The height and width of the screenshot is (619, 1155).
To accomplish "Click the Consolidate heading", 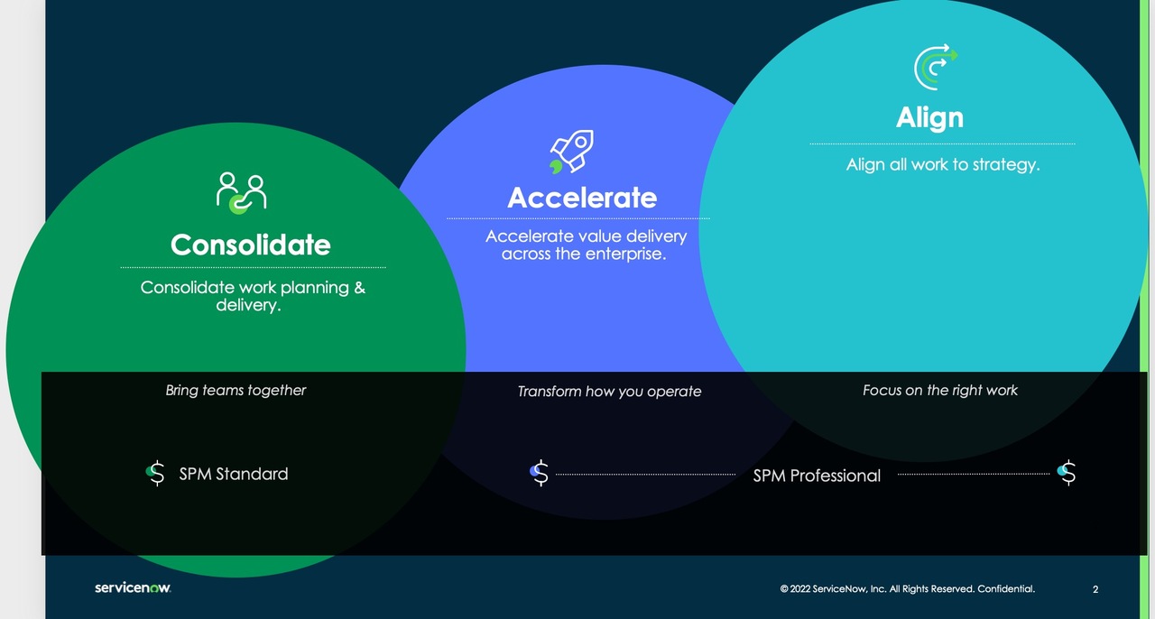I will [x=251, y=245].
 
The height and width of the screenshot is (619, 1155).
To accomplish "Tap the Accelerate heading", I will [x=582, y=198].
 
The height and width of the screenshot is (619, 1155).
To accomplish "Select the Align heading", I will [x=929, y=117].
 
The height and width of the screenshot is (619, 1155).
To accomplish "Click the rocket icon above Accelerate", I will [x=572, y=152].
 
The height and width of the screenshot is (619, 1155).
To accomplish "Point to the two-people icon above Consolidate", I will [x=242, y=192].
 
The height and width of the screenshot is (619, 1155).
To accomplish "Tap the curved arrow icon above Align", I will [x=935, y=67].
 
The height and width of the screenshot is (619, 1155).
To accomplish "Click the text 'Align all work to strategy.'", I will [x=943, y=165].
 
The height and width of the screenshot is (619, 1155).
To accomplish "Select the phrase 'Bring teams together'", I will [x=236, y=391].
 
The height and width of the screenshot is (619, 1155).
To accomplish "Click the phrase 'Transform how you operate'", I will [x=609, y=392].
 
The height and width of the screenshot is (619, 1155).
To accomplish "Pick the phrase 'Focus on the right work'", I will [x=939, y=391].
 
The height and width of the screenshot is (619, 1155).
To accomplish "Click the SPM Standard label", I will [x=234, y=474].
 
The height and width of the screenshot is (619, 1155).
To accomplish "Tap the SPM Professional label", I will [x=817, y=476].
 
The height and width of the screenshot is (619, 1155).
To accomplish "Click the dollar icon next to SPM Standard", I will [x=156, y=473].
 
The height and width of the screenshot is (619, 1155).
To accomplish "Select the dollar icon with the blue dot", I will [x=540, y=473].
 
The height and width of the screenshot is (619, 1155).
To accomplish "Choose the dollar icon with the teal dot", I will [x=1067, y=473].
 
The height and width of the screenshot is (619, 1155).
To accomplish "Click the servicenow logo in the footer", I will [x=133, y=588].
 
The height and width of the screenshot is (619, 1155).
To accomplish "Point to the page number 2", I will [x=1095, y=590].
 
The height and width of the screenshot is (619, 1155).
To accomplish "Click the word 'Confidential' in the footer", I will [x=1005, y=589].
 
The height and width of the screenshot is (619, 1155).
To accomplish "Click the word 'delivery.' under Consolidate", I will [x=248, y=306].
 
